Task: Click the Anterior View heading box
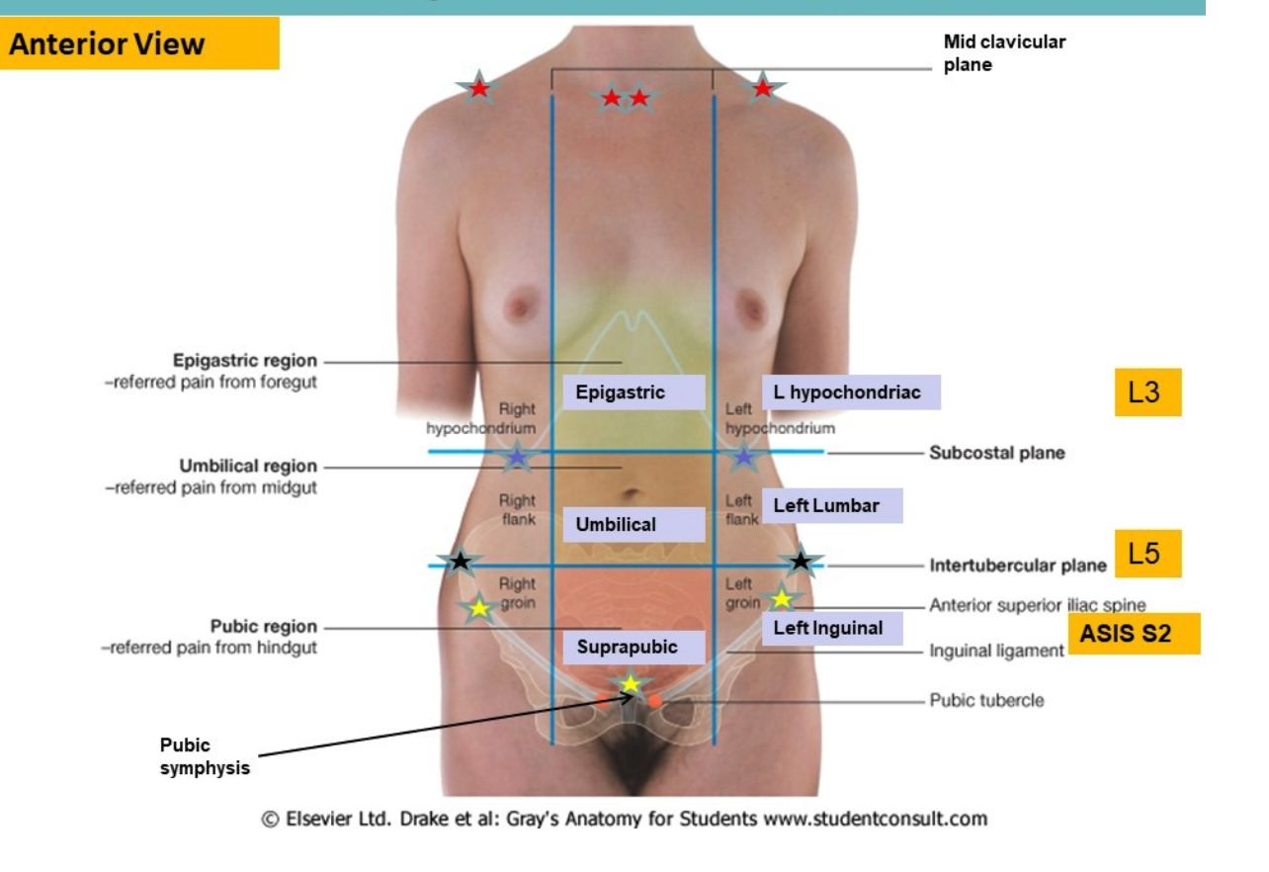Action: point(139,44)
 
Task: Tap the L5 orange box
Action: point(1146,554)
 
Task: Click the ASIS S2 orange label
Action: point(1134,634)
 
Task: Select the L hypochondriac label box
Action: point(851,392)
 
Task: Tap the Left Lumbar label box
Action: point(832,506)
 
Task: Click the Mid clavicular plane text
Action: point(1004,53)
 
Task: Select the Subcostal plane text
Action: point(997,453)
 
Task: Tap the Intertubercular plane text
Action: point(1018,567)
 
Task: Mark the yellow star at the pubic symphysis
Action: point(630,683)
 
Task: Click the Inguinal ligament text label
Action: point(996,651)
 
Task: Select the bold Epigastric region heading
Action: point(245,361)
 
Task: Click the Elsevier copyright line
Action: point(624,819)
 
